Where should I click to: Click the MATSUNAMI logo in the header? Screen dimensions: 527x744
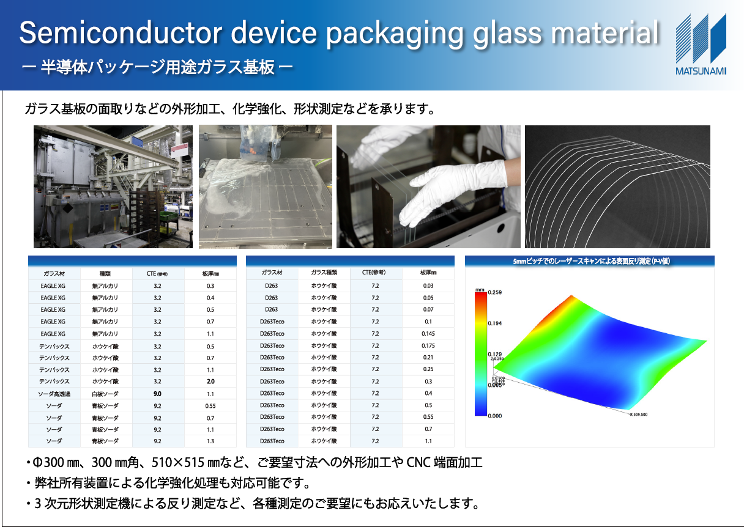click(701, 44)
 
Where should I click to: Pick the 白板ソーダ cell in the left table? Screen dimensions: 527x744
click(105, 394)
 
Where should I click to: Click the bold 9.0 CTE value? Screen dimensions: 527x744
click(157, 394)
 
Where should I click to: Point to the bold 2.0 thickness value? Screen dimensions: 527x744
click(210, 381)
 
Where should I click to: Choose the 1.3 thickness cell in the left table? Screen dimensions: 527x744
click(210, 441)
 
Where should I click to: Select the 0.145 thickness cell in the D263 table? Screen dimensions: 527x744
click(428, 334)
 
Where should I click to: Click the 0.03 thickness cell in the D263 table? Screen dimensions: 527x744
click(428, 286)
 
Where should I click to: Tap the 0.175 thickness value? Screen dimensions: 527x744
click(428, 346)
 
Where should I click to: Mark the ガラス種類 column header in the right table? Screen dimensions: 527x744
click(324, 273)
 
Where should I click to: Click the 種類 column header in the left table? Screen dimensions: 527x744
click(105, 273)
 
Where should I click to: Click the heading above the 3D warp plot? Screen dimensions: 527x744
click(590, 261)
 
